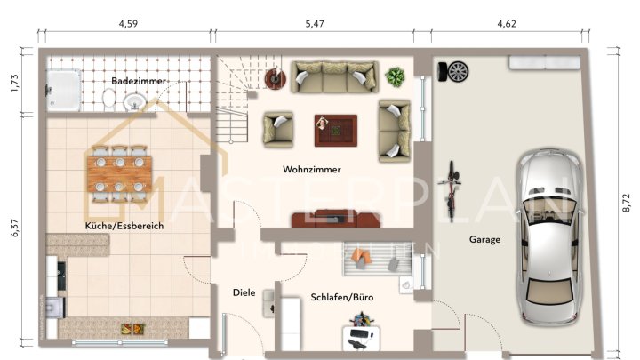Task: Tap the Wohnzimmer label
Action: pos(312,169)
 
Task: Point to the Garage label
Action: pos(484,239)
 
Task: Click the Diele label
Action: pos(244,292)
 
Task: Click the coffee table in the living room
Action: pos(335,130)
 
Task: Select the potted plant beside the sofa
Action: pos(394,76)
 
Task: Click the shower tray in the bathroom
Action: pos(62,87)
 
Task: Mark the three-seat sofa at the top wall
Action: pos(333,76)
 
